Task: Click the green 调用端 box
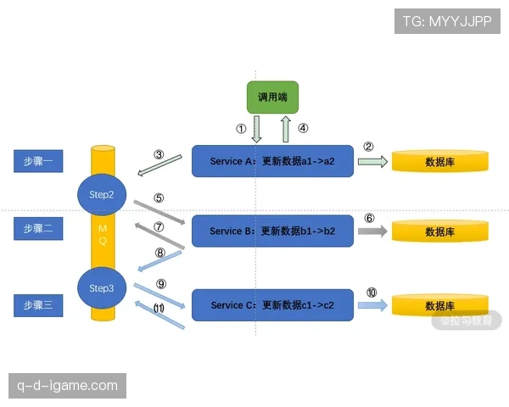(266, 98)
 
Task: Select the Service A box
(271, 161)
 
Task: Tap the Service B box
(271, 231)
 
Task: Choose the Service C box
(271, 304)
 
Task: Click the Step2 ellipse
(101, 193)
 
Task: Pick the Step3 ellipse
(101, 288)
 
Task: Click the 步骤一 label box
(38, 161)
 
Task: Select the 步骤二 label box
(38, 228)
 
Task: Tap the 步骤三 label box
(38, 304)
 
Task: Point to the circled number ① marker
(241, 130)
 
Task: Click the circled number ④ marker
(304, 130)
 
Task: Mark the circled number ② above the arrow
(369, 146)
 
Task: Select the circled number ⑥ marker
(370, 217)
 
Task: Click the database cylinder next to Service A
(439, 161)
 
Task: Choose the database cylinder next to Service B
(439, 231)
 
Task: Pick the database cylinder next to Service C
(439, 304)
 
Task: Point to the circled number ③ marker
(159, 154)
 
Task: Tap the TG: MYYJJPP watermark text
(448, 20)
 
